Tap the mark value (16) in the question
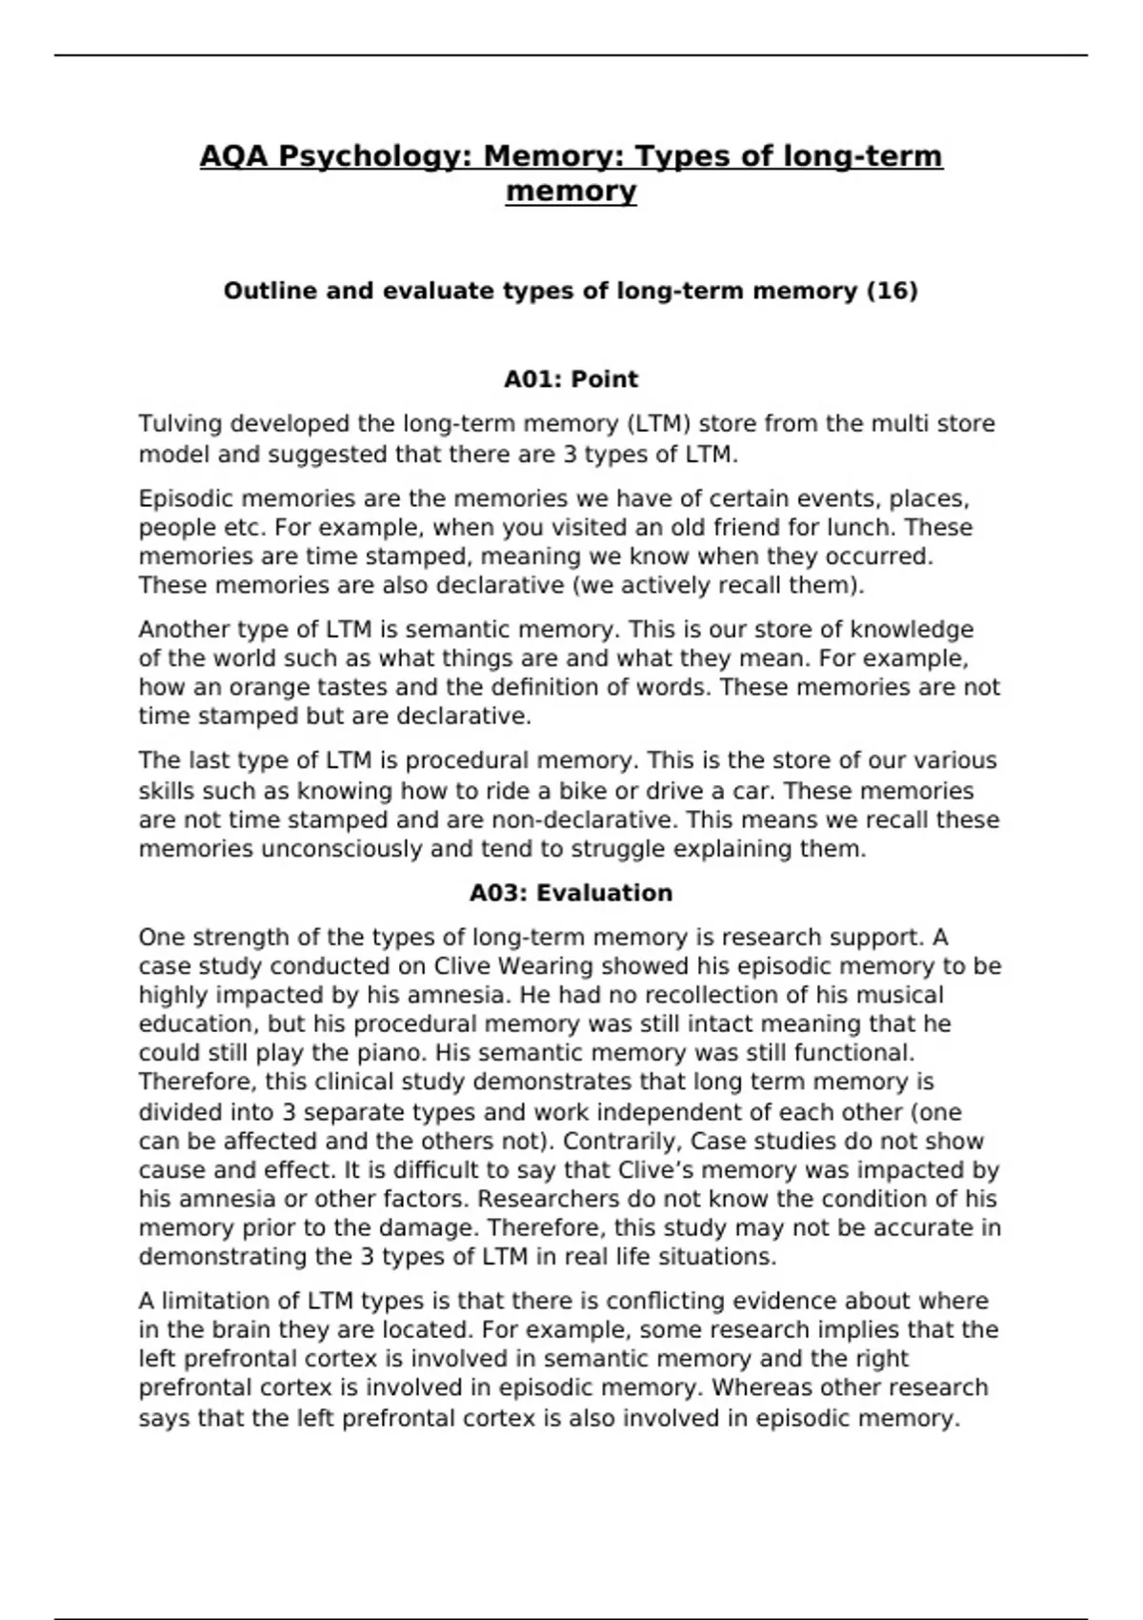pyautogui.click(x=892, y=291)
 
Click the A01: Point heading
pyautogui.click(x=571, y=379)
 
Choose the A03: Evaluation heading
pyautogui.click(x=571, y=893)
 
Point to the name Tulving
pyautogui.click(x=181, y=423)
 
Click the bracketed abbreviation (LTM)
pyautogui.click(x=657, y=423)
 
